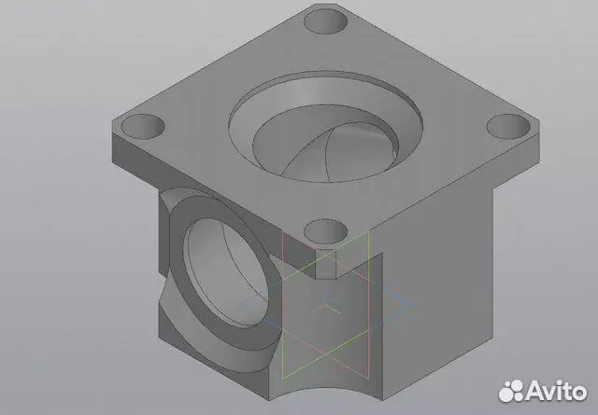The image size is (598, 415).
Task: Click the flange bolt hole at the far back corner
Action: click(326, 21)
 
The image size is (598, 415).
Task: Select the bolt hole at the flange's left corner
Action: click(143, 127)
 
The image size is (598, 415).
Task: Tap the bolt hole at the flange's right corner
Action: click(508, 127)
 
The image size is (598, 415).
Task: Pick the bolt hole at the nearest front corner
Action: click(326, 231)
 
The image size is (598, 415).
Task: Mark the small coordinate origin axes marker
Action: click(326, 306)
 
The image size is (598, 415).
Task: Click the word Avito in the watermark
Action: click(557, 391)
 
